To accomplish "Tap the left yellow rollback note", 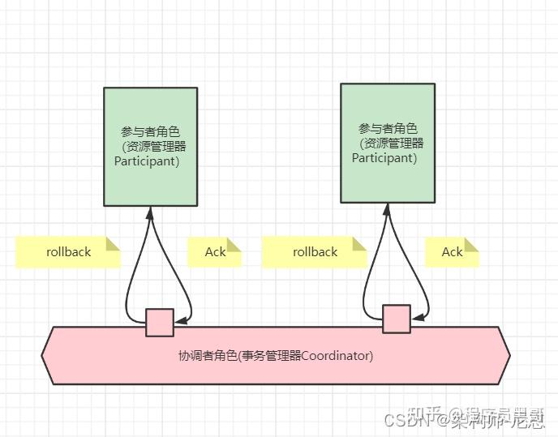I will (x=68, y=251).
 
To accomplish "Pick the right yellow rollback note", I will (x=315, y=251).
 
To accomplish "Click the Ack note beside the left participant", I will (x=215, y=251).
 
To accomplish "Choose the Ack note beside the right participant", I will (x=452, y=251).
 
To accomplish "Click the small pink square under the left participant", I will (x=160, y=322).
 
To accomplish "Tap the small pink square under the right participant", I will (x=397, y=319).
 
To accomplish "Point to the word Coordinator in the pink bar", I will (x=337, y=355).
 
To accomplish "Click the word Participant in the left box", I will (x=147, y=161).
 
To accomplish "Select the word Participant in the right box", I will (x=384, y=158).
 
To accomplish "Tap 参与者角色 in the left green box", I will (x=150, y=131).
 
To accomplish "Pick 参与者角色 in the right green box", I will (x=388, y=128).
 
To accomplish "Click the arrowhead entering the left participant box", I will (x=150, y=212).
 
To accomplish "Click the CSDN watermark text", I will (x=405, y=420).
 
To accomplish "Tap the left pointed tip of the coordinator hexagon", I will (x=43, y=355).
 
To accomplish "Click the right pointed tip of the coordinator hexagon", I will (x=509, y=355).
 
